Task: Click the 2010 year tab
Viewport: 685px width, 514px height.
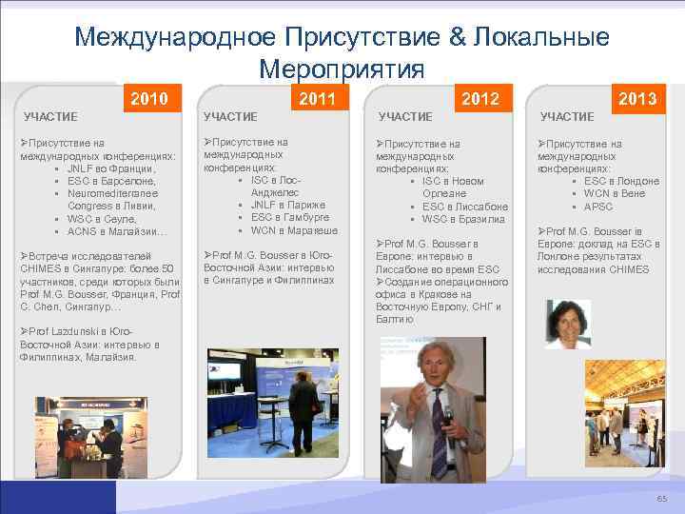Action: (149, 98)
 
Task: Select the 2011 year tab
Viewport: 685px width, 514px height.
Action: (317, 98)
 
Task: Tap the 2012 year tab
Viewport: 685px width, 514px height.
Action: (479, 98)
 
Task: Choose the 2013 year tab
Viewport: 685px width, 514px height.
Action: (636, 98)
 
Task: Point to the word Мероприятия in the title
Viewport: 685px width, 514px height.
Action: (341, 69)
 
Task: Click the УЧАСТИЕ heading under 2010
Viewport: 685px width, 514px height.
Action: (50, 117)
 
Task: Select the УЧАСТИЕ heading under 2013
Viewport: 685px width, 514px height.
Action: (568, 117)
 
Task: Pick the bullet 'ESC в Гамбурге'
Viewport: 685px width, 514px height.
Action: (284, 217)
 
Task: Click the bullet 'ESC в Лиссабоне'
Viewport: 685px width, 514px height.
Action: (465, 207)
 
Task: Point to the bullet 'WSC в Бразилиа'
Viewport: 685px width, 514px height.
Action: (463, 219)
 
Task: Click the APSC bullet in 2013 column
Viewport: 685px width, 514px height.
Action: (598, 207)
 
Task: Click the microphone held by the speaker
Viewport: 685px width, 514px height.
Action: (448, 417)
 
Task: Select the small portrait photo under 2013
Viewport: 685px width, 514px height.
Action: (567, 324)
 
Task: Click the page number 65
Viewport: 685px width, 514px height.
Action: (661, 500)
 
